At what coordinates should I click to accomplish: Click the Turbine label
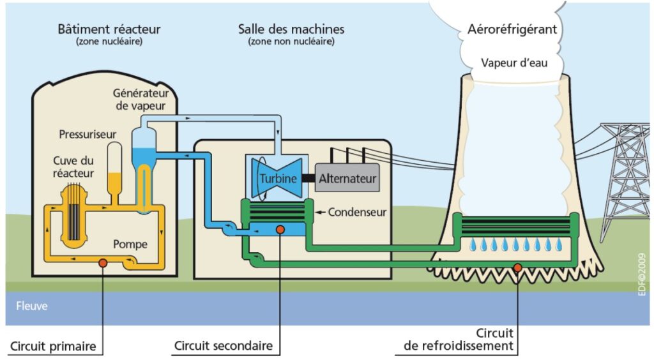(x=278, y=178)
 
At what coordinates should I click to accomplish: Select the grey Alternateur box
(x=347, y=177)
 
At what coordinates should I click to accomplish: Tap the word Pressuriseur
(x=87, y=135)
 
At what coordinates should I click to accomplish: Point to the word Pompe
(x=130, y=244)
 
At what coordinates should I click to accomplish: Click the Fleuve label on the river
(x=31, y=306)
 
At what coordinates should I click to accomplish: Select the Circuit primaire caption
(x=53, y=347)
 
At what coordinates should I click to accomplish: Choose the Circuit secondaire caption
(x=224, y=347)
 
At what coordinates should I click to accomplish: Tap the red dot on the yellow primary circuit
(x=102, y=262)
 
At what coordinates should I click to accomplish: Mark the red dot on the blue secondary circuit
(x=280, y=229)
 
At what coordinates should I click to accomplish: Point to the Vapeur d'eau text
(x=514, y=63)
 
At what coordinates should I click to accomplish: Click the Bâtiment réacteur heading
(x=109, y=29)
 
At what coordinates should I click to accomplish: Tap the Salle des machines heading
(x=291, y=29)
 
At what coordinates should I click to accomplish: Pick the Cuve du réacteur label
(x=73, y=167)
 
